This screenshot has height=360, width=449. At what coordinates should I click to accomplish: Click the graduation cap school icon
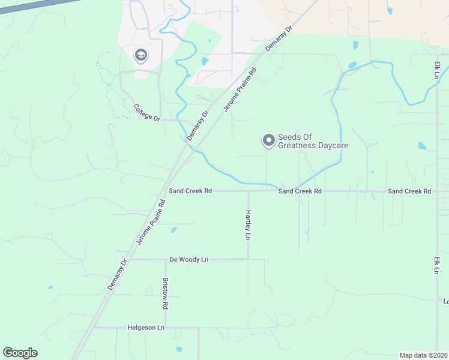point(141,56)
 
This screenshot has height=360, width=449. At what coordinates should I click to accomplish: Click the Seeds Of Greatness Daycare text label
point(313,141)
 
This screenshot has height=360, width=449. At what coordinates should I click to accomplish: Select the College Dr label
point(146,112)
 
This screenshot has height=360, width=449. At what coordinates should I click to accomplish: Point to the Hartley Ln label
point(247,224)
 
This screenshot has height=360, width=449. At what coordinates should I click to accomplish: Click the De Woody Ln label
point(188,259)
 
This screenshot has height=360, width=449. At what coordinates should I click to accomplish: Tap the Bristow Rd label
point(165,293)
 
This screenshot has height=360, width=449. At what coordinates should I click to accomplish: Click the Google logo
point(20,353)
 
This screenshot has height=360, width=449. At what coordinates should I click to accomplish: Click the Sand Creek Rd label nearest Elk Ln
point(409,191)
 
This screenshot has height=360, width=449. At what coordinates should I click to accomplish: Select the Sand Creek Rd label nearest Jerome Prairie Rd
point(190,191)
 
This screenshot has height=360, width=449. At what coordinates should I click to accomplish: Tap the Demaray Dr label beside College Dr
point(198,126)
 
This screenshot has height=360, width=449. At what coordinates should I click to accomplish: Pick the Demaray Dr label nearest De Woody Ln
point(118,274)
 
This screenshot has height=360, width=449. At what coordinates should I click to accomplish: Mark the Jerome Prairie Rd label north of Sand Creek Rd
point(240,89)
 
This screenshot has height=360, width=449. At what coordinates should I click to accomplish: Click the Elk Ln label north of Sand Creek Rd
point(437,70)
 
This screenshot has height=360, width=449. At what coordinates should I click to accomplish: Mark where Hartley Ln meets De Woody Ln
point(248,259)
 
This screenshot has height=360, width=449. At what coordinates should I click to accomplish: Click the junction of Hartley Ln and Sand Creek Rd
point(248,191)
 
